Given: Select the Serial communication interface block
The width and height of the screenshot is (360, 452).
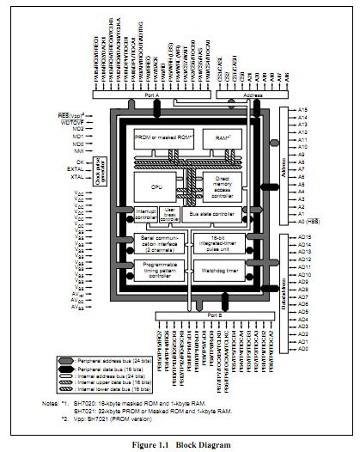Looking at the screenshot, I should coord(157,241).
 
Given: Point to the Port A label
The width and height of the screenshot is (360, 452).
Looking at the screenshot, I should coord(152,96).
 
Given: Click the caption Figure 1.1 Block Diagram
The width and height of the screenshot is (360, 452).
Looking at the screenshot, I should coord(180,443).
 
